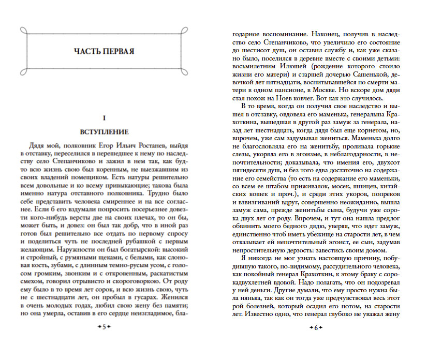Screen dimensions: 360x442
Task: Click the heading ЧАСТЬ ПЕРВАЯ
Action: tap(104, 51)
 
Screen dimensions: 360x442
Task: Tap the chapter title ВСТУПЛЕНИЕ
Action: tap(104, 131)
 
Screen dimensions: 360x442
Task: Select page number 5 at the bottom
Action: tap(104, 327)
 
